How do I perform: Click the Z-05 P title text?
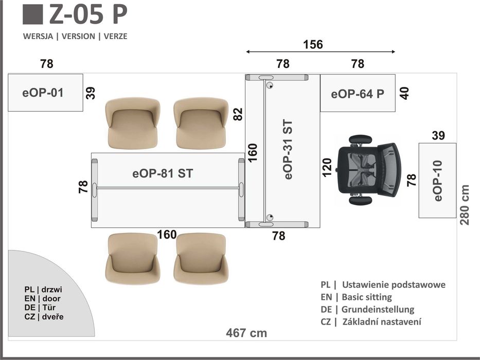[88, 14]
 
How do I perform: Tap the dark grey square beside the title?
[33, 14]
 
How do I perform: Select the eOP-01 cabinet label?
[43, 93]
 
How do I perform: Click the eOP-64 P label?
[358, 94]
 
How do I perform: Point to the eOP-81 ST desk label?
[163, 174]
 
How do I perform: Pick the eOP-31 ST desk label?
[289, 149]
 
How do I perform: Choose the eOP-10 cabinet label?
[438, 181]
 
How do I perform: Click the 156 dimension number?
[313, 45]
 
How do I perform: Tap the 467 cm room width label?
[246, 333]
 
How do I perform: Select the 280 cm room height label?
[465, 205]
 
